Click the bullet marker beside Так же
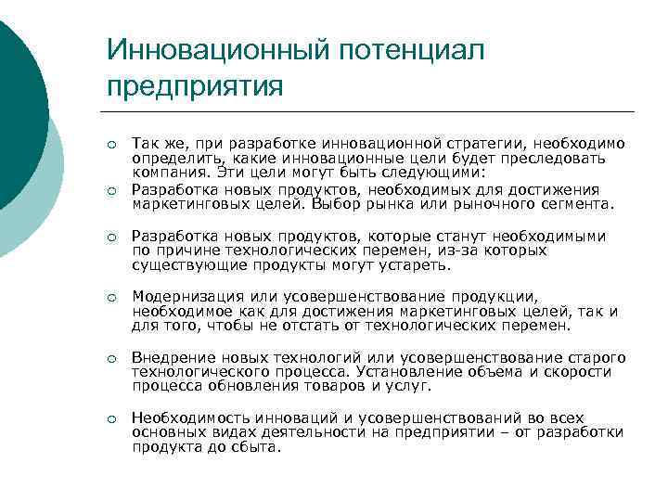[x=111, y=145]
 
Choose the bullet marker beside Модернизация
[x=111, y=297]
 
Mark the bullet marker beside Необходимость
[x=111, y=418]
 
